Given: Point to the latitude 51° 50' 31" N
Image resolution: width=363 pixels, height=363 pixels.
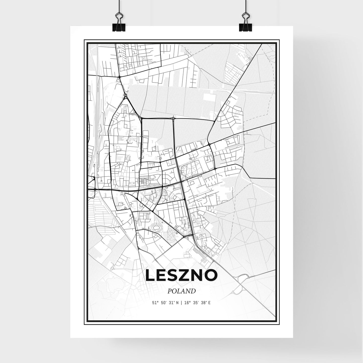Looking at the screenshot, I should pos(165,303).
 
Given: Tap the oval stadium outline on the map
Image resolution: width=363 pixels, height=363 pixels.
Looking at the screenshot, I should pos(156,228).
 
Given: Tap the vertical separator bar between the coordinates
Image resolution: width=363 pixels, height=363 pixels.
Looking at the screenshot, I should pos(181,303).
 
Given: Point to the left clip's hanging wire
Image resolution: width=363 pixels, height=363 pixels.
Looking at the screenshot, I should pos(119,6).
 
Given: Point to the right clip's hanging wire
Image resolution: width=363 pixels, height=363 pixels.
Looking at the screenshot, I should pos(245,6).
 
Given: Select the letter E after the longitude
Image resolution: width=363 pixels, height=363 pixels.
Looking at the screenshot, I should pos(209,303).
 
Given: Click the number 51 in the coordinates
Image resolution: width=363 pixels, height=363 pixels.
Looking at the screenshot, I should pos(154,303).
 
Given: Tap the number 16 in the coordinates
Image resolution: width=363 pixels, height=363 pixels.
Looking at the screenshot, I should pos(185,303).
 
